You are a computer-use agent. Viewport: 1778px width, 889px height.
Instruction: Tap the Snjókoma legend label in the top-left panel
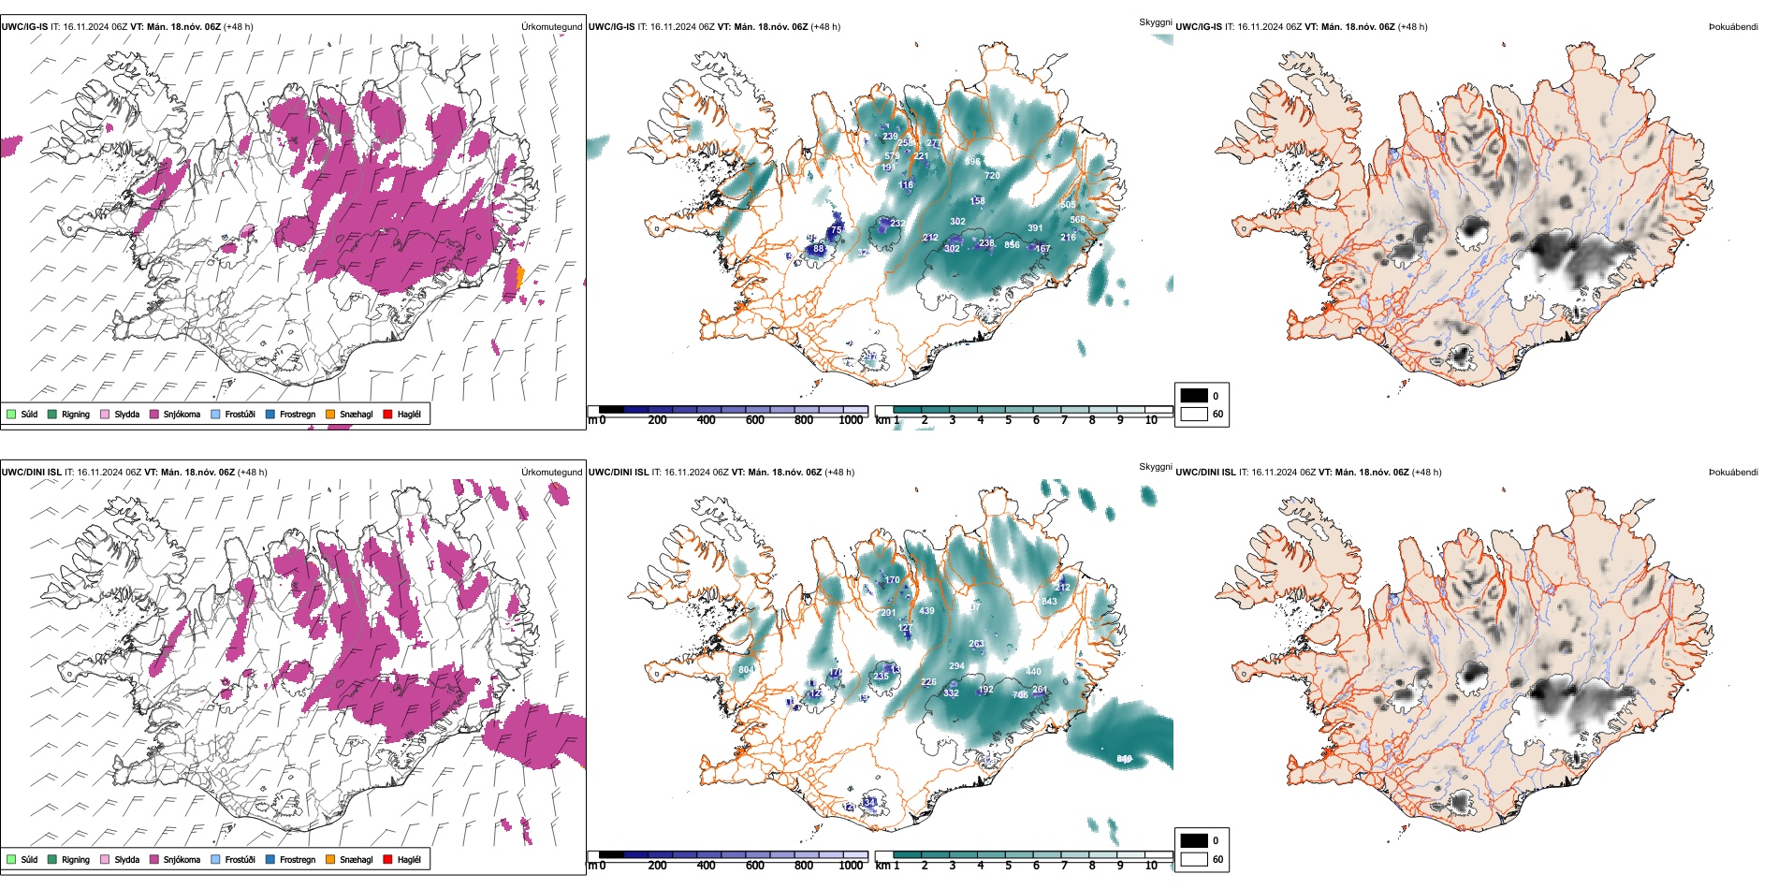(182, 415)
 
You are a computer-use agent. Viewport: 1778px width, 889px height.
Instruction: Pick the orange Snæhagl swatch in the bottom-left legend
(330, 860)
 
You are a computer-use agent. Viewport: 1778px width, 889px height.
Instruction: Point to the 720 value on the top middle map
(992, 176)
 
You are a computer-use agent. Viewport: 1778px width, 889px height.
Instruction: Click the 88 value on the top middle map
(819, 249)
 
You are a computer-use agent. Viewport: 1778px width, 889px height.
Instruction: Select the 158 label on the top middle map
(977, 201)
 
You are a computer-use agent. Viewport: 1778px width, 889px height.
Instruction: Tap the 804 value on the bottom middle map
(746, 670)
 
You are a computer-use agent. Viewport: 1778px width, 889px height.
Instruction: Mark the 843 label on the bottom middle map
(1049, 602)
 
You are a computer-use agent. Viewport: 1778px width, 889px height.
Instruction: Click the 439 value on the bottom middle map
(926, 611)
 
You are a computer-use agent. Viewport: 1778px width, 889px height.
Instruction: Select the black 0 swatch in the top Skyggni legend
(1194, 396)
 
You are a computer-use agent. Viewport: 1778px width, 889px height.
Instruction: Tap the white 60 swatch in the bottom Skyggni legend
(1194, 859)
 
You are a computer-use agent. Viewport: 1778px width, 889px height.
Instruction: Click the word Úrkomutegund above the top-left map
(551, 27)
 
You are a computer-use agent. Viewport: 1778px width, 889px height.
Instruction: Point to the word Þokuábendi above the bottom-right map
(1733, 473)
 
